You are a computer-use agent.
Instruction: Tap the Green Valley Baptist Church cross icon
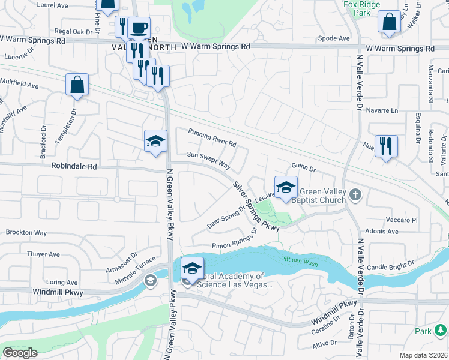[355, 194]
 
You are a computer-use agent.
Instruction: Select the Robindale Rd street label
[74, 166]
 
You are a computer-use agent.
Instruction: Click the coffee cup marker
[139, 28]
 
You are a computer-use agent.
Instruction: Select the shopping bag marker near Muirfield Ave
[77, 85]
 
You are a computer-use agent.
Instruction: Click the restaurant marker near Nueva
[386, 146]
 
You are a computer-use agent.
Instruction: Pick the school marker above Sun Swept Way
[156, 141]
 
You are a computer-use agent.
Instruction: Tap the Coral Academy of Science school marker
[192, 268]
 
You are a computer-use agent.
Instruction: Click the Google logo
[20, 353]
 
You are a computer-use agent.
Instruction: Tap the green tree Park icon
[441, 330]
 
